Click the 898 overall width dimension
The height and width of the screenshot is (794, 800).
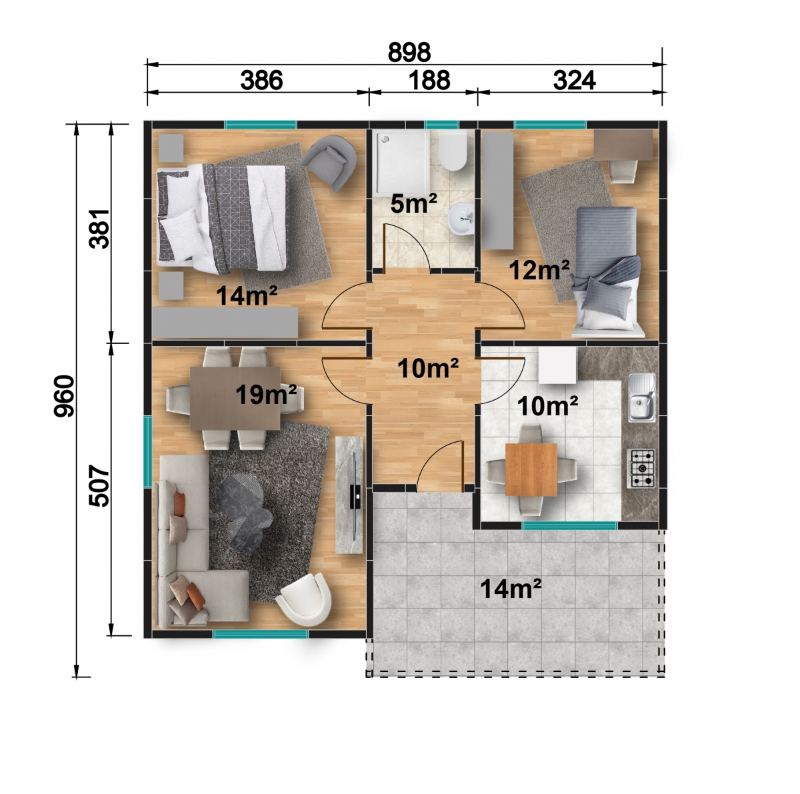pos(409,52)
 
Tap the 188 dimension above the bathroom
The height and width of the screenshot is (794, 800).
pos(429,80)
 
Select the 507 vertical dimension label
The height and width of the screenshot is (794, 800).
pos(99,485)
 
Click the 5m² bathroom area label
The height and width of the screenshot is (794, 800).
pos(413,203)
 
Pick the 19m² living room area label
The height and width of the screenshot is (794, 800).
pos(266,394)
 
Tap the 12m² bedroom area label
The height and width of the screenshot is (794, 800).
pos(539,270)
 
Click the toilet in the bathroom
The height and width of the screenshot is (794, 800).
pos(453,151)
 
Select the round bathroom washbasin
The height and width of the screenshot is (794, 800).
pos(461,219)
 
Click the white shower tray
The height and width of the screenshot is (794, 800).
pos(401,163)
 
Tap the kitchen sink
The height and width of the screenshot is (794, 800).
pos(641,397)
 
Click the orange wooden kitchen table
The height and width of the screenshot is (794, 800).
pos(531,469)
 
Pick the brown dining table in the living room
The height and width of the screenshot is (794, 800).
pos(235,398)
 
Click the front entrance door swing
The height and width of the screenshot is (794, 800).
pos(439,467)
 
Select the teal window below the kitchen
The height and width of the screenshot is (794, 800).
pos(569,525)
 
